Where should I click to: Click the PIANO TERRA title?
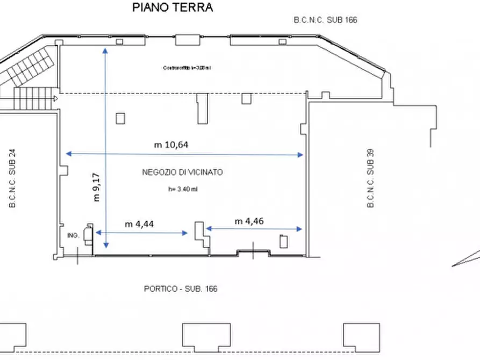(173, 8)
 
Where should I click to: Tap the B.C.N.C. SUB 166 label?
(325, 20)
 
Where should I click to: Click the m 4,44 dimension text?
(139, 224)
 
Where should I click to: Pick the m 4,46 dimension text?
(249, 221)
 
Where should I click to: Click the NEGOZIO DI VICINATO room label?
(182, 172)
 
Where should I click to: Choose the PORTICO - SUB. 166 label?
(181, 289)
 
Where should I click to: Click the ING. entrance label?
(73, 235)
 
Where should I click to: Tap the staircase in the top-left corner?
(30, 73)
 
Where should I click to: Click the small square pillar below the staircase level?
(120, 118)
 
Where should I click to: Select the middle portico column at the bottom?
(206, 335)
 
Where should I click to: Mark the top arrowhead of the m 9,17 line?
(105, 49)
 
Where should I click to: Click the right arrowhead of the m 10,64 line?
(301, 155)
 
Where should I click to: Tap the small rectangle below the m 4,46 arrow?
(284, 241)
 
